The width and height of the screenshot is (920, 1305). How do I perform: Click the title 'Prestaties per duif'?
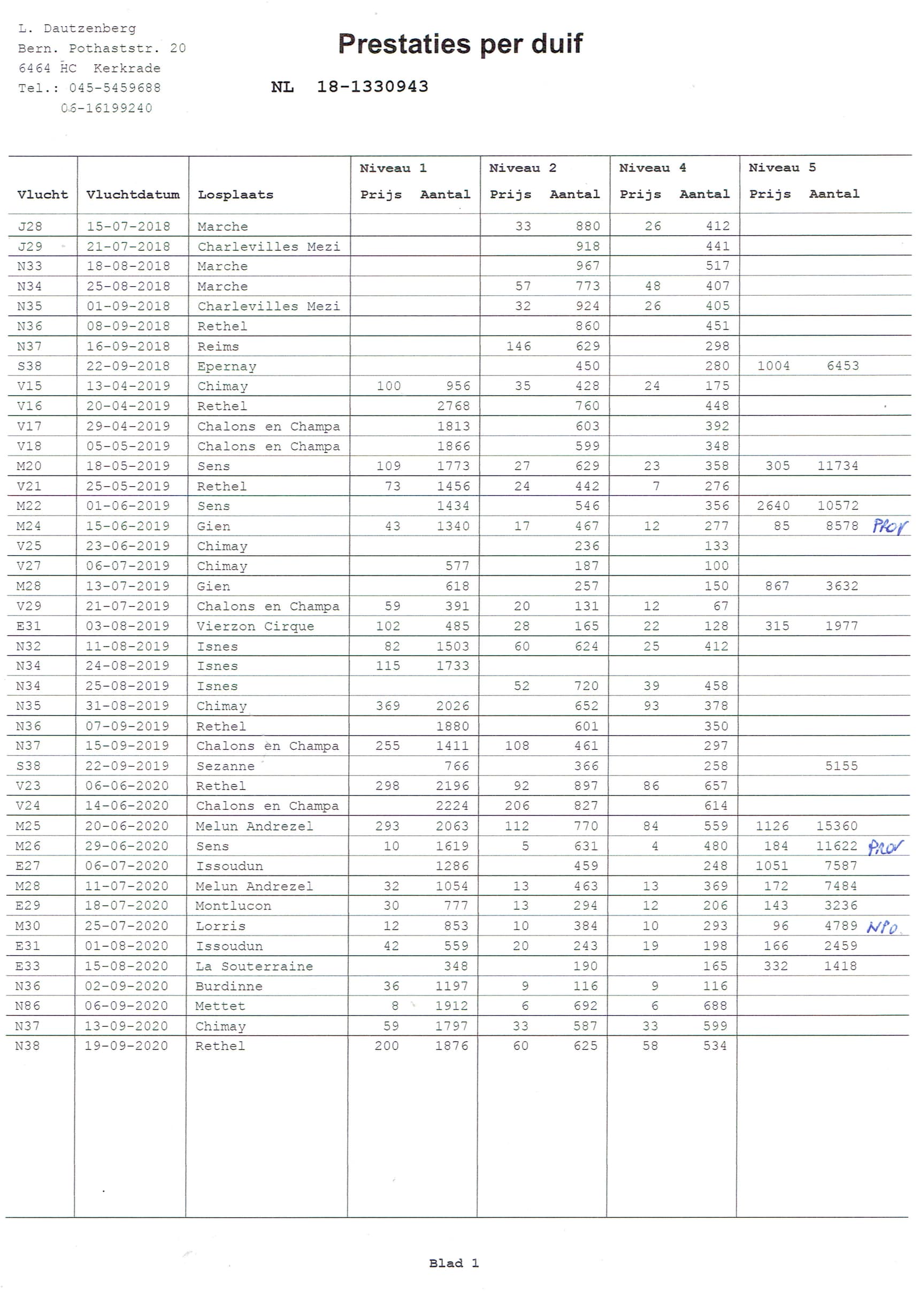coord(460,44)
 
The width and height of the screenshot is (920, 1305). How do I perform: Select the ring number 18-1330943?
coord(372,87)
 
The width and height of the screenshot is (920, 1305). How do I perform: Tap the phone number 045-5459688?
coord(115,88)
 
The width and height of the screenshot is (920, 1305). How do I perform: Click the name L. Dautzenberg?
coord(78,28)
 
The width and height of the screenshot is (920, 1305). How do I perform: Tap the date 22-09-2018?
coord(128,366)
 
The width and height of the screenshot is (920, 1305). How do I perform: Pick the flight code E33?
coord(28,966)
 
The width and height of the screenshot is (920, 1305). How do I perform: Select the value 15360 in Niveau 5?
coord(837,826)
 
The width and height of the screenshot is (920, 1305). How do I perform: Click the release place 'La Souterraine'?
coord(254,966)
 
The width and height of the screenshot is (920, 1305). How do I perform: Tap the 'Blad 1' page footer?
coord(454,1263)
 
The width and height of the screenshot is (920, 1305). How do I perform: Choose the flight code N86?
coord(28,1006)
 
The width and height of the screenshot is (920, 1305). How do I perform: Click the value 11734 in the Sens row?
coord(838,465)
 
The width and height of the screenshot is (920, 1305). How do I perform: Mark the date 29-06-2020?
coord(126,846)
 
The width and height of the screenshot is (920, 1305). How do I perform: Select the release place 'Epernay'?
coord(227,366)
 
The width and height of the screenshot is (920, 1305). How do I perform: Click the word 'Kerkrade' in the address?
coord(127,68)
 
